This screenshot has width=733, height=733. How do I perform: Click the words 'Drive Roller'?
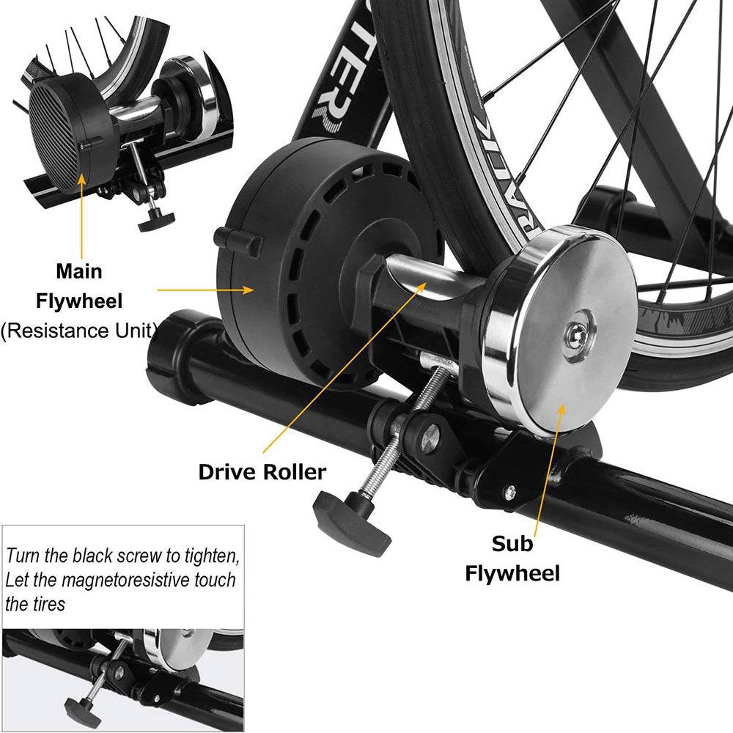[x=262, y=471]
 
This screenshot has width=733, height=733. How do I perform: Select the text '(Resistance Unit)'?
[x=79, y=330]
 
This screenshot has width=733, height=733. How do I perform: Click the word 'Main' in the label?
[x=79, y=271]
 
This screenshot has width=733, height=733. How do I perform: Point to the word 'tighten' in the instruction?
[x=213, y=554]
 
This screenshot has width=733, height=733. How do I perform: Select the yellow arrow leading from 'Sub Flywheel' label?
[x=550, y=462]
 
